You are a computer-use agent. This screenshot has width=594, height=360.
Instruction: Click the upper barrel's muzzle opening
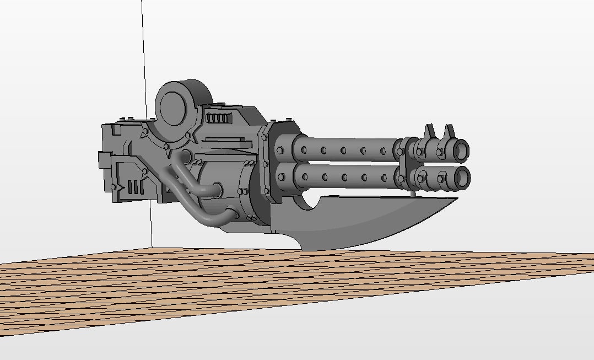(461, 149)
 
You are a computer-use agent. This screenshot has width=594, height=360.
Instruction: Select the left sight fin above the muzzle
(429, 132)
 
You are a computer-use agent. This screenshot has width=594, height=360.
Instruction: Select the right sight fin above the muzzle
(450, 132)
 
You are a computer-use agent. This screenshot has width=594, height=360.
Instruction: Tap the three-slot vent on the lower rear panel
(137, 187)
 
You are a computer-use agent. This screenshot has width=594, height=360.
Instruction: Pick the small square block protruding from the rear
(104, 160)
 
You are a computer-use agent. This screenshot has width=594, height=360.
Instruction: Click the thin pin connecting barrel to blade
(414, 192)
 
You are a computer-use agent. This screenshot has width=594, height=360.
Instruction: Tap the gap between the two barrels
(347, 163)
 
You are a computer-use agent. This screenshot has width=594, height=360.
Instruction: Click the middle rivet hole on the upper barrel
(343, 150)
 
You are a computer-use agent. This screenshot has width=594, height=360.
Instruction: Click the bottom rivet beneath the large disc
(166, 147)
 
